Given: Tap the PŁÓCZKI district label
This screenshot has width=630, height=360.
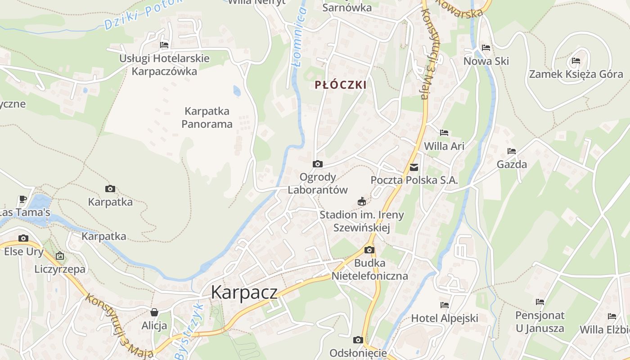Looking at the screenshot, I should [340, 85].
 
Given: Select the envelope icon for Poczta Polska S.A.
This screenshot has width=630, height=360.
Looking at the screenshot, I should [414, 167].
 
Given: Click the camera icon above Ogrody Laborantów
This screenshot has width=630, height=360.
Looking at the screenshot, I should [318, 164].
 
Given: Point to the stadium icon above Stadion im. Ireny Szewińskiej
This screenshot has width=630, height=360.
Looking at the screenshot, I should [361, 202].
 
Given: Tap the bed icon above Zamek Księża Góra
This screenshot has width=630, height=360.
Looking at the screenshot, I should [576, 61].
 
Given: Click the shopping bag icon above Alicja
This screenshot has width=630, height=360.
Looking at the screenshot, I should [154, 312].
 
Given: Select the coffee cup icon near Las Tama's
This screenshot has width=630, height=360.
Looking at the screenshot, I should [23, 199].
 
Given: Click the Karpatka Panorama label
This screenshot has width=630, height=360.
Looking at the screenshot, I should [207, 117].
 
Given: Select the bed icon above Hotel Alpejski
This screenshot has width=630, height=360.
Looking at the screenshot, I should [445, 305].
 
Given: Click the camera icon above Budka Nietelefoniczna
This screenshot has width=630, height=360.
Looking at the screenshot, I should [369, 250].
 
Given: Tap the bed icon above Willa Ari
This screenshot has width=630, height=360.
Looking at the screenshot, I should [444, 133].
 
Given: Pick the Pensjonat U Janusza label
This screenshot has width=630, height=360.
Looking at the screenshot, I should [540, 322].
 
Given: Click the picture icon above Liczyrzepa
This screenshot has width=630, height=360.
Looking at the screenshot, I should [60, 256].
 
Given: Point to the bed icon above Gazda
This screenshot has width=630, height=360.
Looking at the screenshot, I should [511, 151].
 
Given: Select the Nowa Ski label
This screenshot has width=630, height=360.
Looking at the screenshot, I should [486, 61].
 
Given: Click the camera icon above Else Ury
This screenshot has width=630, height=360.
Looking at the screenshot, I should [23, 238].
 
